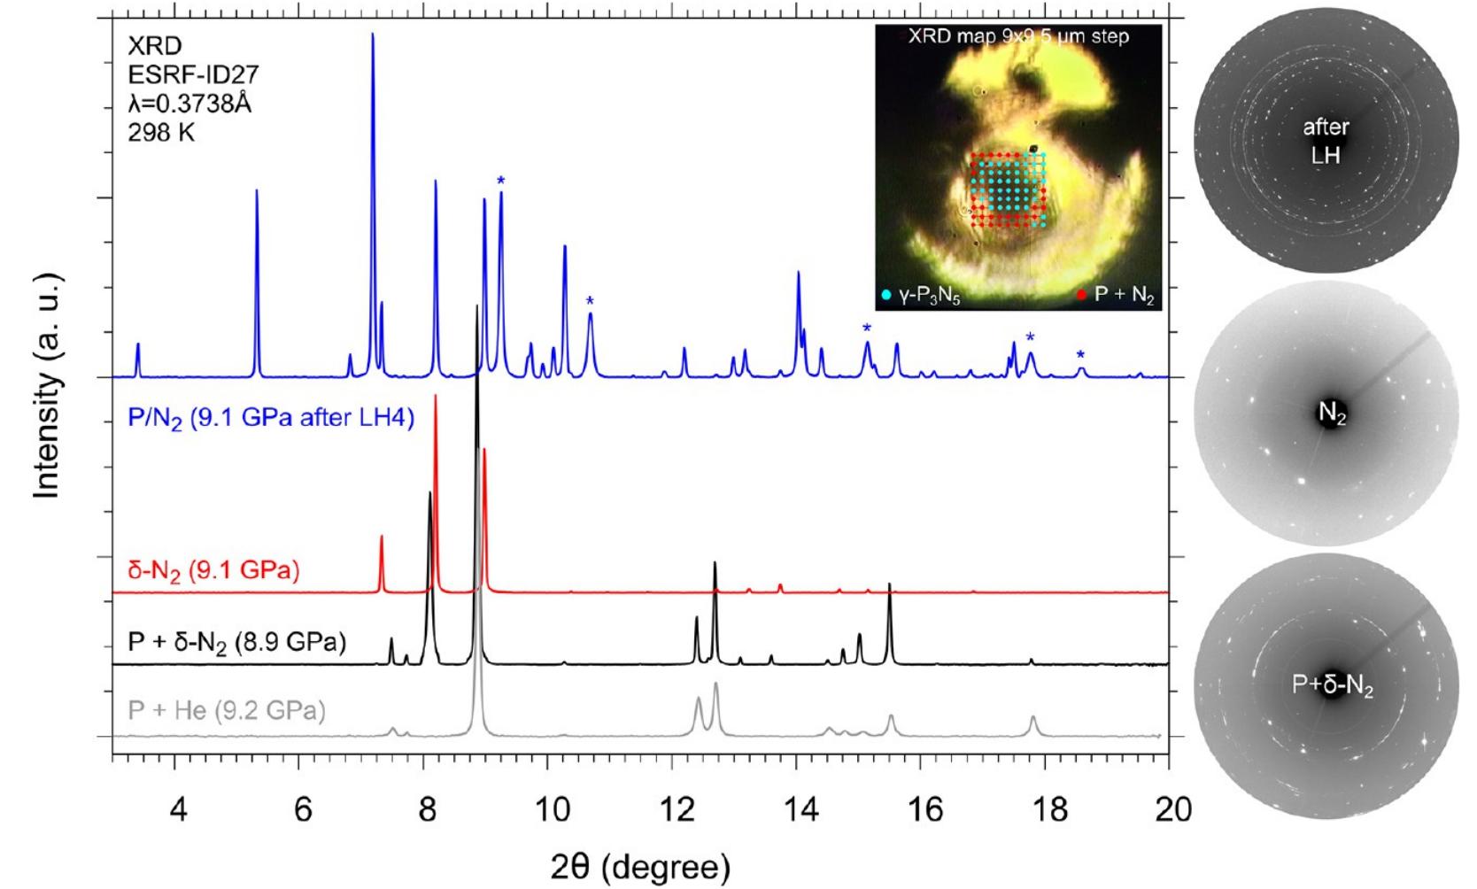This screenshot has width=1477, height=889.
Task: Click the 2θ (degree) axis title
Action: pyautogui.click(x=640, y=865)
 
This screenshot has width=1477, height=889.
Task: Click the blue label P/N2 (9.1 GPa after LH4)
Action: pyautogui.click(x=271, y=417)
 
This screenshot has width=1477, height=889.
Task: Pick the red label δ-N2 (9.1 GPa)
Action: pyautogui.click(x=213, y=569)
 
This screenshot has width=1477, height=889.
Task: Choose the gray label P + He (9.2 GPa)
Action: pyautogui.click(x=227, y=710)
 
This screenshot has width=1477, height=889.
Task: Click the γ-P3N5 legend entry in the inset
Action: pyautogui.click(x=922, y=296)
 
